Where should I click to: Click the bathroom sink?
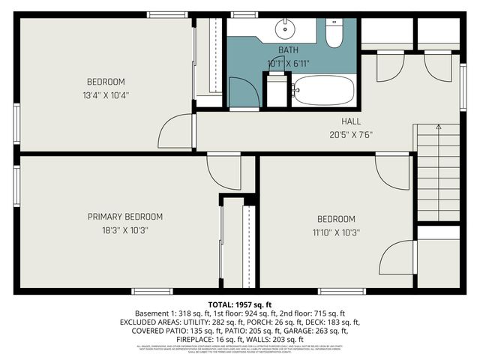pyautogui.click(x=284, y=29)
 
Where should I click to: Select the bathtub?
pyautogui.click(x=323, y=90)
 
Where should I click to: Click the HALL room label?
pyautogui.click(x=351, y=121)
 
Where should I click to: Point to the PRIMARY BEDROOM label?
pyautogui.click(x=124, y=217)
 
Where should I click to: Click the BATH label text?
pyautogui.click(x=288, y=50)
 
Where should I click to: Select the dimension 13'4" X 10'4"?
pyautogui.click(x=106, y=95)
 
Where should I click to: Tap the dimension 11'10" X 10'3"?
pyautogui.click(x=335, y=232)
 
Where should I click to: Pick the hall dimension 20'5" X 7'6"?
pyautogui.click(x=351, y=135)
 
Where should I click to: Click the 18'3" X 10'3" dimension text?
pyautogui.click(x=124, y=230)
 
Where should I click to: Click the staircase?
pyautogui.click(x=439, y=172)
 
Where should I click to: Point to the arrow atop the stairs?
pyautogui.click(x=439, y=128)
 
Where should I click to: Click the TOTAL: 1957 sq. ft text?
pyautogui.click(x=239, y=304)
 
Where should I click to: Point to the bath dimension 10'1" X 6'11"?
pyautogui.click(x=288, y=63)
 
